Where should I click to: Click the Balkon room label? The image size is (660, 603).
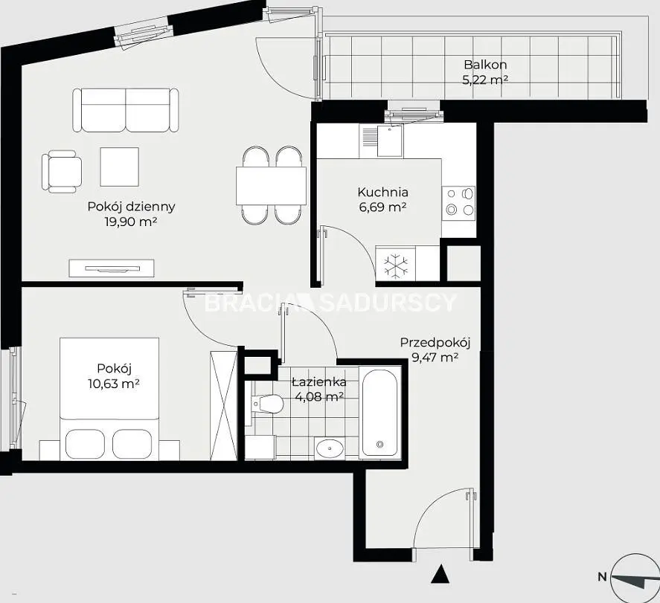pos(485,65)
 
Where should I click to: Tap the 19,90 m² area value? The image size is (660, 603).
pos(131,222)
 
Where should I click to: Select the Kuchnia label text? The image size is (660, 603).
pos(382,192)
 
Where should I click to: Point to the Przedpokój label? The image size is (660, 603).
pos(435,343)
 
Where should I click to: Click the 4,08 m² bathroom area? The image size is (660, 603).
pos(320,396)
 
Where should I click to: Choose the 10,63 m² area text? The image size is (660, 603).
pos(114,384)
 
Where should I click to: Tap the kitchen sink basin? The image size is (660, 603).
pos(390,141)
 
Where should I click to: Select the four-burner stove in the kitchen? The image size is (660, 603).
pos(458,201)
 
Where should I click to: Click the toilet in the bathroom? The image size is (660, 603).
pos(266,404)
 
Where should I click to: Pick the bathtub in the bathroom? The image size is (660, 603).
pos(379,412)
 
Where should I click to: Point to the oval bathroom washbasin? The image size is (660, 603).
pos(330,448)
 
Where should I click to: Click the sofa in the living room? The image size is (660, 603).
pos(126,110)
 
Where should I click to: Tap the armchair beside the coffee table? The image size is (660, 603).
pos(62,172)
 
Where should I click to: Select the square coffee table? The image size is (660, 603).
pos(120,167)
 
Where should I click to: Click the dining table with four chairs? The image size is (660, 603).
pos(271,185)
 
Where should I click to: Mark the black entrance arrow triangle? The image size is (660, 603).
pos(440,575)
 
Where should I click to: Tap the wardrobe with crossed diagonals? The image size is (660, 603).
pos(223,405)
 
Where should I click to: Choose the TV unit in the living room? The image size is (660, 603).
pos(112,268)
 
